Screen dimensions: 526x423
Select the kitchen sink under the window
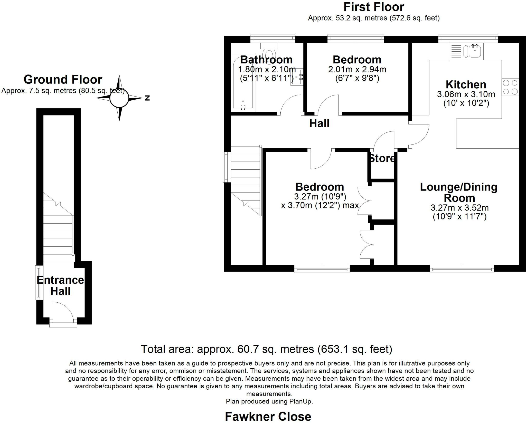point(466,51)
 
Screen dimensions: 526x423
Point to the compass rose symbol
point(119,98)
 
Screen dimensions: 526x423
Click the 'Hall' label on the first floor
point(319,123)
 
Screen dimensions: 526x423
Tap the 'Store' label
point(382,158)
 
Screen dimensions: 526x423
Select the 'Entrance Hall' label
point(60,285)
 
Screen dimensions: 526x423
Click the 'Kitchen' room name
point(466,84)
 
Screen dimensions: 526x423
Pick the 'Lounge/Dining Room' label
point(459,193)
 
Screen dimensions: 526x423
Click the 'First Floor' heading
point(374,7)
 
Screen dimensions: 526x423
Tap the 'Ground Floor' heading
point(63,79)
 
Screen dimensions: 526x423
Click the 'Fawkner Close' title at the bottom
point(268,416)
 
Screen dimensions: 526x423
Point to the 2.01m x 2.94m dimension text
point(357,69)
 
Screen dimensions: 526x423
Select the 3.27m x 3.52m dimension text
point(459,208)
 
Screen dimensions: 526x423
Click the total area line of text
point(267,349)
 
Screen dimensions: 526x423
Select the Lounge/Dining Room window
point(462,269)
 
